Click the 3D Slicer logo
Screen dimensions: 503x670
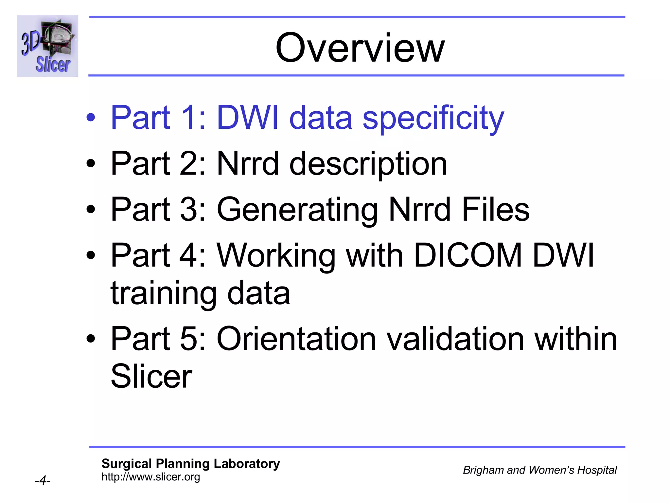click(x=47, y=46)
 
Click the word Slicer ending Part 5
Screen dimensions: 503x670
click(x=151, y=376)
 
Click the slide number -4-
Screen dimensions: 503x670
click(x=43, y=481)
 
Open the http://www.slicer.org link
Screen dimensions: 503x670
click(x=151, y=477)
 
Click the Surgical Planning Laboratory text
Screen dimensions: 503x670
click(x=191, y=464)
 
